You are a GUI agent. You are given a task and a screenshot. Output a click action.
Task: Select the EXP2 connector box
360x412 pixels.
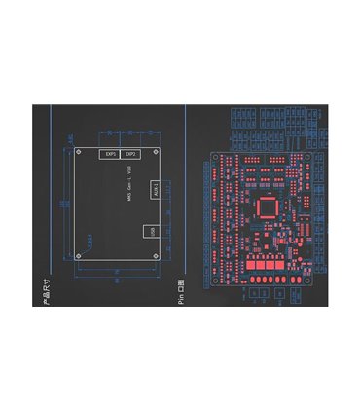point(131,154)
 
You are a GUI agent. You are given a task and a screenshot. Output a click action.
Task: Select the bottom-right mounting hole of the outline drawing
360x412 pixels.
point(156,255)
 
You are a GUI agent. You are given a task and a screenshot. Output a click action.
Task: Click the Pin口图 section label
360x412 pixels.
point(181,293)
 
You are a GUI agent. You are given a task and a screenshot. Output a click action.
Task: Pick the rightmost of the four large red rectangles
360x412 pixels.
point(289,267)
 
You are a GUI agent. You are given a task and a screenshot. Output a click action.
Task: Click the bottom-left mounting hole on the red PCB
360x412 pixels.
point(216,281)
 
